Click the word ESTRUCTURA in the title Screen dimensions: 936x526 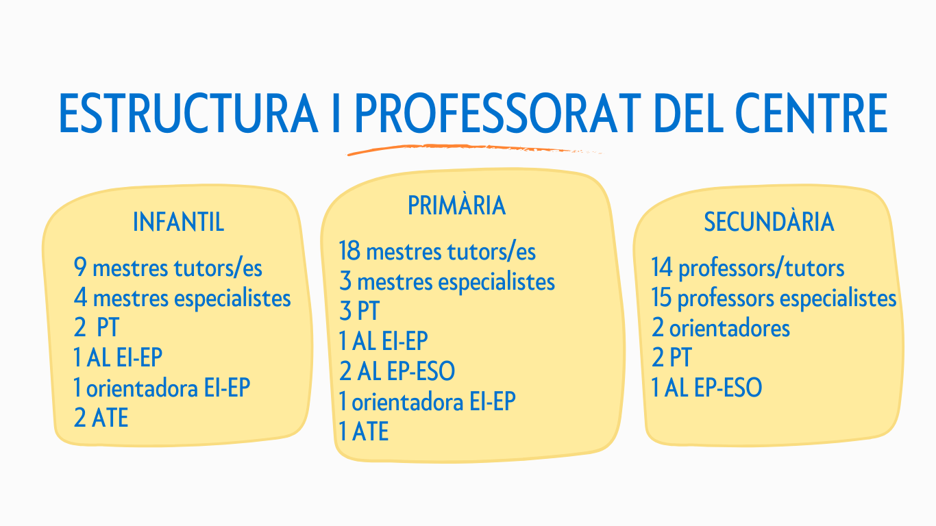[x=188, y=113]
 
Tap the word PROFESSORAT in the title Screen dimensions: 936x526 [x=497, y=113]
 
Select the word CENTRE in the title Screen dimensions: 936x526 [x=811, y=113]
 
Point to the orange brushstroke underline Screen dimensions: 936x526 [x=474, y=149]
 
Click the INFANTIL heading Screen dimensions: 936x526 [x=178, y=222]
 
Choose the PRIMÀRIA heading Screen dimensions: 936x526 [x=457, y=205]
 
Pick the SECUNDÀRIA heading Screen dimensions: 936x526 [x=769, y=221]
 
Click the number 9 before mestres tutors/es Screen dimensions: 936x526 [x=79, y=267]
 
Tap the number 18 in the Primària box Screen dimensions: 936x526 [x=349, y=251]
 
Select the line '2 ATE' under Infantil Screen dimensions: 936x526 [x=101, y=417]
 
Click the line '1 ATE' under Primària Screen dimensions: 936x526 [x=364, y=431]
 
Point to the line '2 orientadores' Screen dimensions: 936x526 [x=721, y=328]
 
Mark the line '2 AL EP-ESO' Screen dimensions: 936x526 [x=397, y=371]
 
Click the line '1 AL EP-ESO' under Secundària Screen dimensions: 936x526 [x=707, y=387]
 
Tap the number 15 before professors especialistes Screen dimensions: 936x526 [x=661, y=298]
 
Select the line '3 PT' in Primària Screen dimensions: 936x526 [x=359, y=311]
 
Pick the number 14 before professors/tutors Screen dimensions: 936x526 [x=663, y=267]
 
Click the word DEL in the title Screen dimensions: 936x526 [x=688, y=113]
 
